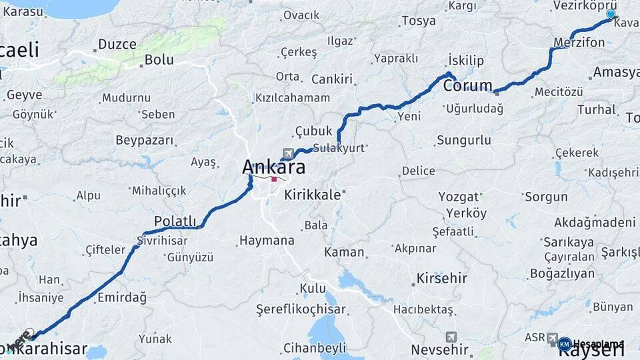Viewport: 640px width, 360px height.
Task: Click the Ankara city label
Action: tap(274, 167)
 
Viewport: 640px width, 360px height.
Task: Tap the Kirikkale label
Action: tap(313, 195)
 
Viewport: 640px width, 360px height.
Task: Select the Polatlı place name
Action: tap(175, 221)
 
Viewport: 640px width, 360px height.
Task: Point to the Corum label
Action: tap(468, 86)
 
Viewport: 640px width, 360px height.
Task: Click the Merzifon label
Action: tap(579, 43)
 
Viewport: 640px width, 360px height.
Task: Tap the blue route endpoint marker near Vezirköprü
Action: tap(611, 14)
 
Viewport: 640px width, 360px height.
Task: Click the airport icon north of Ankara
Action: tap(288, 152)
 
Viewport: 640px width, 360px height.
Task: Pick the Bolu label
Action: tap(159, 59)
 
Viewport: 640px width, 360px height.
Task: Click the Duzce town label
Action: tap(117, 45)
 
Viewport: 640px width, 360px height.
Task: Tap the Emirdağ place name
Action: tap(121, 297)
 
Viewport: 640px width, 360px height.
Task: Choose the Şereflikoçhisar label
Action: tap(301, 309)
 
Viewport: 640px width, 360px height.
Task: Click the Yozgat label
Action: tap(459, 197)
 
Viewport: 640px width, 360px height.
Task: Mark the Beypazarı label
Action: tap(144, 141)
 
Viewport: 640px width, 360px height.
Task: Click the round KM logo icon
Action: tap(564, 344)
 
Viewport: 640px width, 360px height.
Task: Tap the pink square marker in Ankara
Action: tap(274, 179)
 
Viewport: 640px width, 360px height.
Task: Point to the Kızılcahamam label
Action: tap(292, 98)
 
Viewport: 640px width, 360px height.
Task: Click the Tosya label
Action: tap(418, 21)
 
